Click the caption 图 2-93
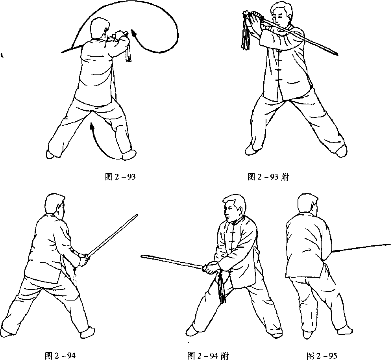coord(120,177)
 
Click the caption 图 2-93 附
coord(268,177)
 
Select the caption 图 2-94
coord(60,355)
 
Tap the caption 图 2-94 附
coord(208,355)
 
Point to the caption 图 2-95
coord(322,355)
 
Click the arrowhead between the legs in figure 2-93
coord(92,125)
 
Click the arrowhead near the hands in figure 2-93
coord(134,33)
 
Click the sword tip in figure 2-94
coord(137,215)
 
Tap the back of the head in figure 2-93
coord(99,28)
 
